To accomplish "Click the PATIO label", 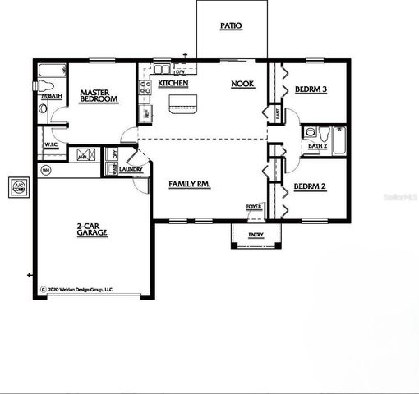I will tap(231, 26).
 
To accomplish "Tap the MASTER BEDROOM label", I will tap(99, 96).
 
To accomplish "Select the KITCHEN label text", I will tap(173, 84).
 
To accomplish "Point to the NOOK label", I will tap(242, 84).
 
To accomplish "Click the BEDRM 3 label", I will tap(311, 89).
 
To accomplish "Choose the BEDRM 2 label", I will tap(311, 187).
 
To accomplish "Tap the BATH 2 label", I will tap(317, 147).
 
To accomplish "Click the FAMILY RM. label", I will tap(190, 185).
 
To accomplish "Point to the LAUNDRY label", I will tap(131, 170).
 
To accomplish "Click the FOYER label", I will tap(254, 207).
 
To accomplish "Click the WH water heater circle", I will tap(46, 171).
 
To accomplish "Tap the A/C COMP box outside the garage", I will tap(17, 188).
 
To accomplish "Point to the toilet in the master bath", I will tap(45, 85).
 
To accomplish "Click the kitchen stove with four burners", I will tap(145, 85).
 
